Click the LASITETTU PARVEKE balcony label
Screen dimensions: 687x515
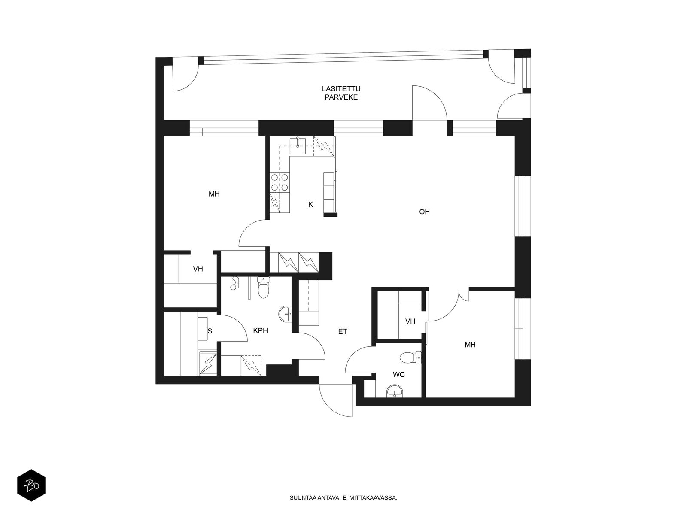(341, 93)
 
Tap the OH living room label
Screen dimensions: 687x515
(424, 212)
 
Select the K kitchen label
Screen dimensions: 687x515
(310, 204)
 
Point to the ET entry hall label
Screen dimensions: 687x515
(342, 331)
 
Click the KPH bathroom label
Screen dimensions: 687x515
(260, 330)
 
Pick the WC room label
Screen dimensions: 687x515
(399, 374)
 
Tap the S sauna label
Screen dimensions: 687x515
(210, 331)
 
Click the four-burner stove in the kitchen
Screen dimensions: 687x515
(280, 183)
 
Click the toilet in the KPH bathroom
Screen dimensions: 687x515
(263, 287)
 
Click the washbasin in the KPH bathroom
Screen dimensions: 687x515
(286, 314)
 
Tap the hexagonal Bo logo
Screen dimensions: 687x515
(31, 485)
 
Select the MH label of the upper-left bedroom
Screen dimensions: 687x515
(214, 194)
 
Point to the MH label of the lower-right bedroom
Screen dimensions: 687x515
(470, 345)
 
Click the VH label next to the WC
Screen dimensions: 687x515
(410, 321)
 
